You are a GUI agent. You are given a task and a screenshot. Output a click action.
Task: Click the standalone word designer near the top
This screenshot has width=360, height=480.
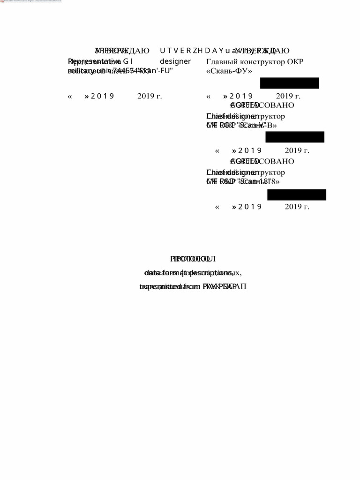[175, 61]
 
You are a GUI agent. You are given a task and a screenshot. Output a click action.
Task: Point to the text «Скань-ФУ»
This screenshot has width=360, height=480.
[229, 71]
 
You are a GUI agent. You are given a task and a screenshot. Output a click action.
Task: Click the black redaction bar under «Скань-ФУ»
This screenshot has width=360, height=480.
[289, 83]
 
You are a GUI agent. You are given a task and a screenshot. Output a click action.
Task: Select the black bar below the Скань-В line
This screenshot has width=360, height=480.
[295, 137]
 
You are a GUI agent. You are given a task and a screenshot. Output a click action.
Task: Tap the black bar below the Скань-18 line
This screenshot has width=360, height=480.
[297, 195]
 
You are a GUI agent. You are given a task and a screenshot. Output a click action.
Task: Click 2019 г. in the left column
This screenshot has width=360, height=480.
[150, 97]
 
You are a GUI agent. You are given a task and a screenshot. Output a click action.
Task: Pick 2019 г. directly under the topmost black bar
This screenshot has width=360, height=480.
[288, 97]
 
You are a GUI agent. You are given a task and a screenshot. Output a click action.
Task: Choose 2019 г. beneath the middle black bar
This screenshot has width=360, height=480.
[297, 150]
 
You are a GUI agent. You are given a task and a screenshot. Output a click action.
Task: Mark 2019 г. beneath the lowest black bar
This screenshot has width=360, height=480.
[297, 207]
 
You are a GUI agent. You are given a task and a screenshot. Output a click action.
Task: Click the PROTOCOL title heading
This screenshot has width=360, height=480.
[193, 259]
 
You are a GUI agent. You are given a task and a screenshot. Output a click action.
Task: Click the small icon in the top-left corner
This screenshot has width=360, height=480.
[2, 1]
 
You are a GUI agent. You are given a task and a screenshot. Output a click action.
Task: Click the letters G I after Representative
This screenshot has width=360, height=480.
[128, 61]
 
